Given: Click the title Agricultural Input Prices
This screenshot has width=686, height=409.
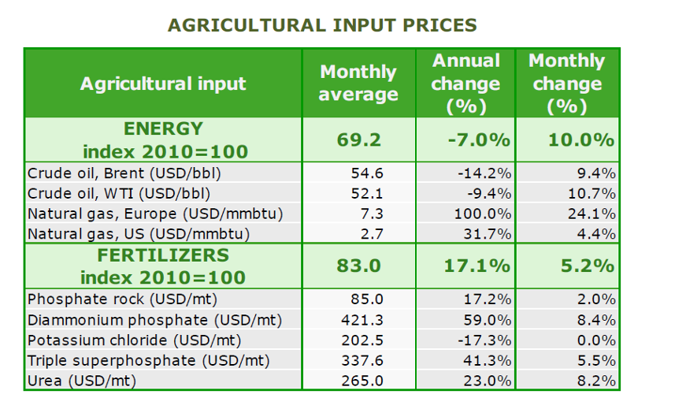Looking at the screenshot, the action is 322,25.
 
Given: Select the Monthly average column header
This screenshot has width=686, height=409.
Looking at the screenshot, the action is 358,84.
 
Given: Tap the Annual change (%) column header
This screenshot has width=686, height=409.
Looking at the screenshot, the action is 466,84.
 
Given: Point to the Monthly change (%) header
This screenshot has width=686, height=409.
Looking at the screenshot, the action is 567,84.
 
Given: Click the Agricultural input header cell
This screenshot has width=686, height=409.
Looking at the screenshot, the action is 163,84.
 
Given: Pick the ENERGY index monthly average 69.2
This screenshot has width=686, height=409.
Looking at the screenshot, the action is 358,140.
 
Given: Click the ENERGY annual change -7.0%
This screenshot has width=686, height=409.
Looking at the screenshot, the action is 479,140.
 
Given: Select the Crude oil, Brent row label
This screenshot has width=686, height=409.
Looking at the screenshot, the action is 124,173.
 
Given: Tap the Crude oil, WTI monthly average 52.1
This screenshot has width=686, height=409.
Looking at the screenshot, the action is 367,194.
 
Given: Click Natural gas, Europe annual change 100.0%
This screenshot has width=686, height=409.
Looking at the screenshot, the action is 483,214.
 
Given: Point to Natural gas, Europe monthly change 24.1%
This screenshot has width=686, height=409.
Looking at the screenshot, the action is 592,214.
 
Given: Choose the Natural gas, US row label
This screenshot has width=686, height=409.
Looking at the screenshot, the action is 139,234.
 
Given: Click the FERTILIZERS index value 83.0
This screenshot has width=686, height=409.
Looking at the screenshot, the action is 358,266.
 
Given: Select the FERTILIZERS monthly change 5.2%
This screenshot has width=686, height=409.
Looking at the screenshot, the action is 588,266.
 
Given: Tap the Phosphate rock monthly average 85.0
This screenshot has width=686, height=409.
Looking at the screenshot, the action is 367,299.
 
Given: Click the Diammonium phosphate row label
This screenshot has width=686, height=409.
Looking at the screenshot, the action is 155,320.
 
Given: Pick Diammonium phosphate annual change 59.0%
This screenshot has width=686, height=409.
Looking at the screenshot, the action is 488,320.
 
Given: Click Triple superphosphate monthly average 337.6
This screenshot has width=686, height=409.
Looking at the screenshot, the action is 362,360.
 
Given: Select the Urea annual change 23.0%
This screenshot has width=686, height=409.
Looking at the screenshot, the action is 488,381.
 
